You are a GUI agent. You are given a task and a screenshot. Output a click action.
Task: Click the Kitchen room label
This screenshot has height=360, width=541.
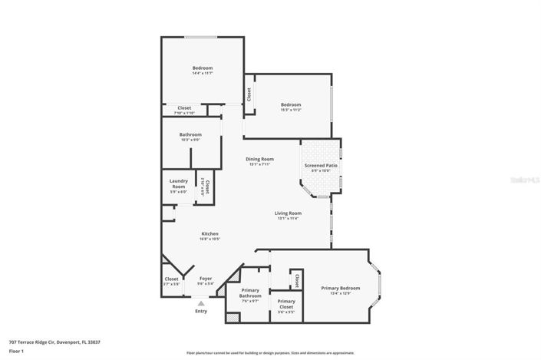tap(210, 234)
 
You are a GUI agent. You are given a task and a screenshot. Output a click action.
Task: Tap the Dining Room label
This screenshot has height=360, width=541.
tap(261, 160)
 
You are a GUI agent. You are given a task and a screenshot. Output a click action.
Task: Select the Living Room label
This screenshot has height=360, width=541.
tap(289, 213)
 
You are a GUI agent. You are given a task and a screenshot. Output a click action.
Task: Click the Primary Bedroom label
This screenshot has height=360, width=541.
tap(340, 289)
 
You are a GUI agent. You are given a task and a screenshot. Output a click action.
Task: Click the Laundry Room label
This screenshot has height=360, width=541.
tap(178, 184)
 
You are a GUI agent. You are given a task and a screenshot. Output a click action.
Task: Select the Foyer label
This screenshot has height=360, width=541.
tap(206, 279)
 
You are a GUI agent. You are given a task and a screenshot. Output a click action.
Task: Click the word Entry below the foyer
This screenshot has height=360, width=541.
tap(201, 311)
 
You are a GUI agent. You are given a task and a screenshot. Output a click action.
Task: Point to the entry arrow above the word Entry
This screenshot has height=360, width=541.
tap(201, 303)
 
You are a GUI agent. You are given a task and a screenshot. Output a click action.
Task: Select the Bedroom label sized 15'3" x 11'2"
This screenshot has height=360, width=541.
tap(290, 105)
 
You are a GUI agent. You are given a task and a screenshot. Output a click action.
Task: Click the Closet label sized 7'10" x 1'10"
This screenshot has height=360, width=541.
tap(184, 108)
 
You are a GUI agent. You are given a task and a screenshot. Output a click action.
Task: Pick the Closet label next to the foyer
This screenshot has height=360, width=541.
tap(171, 279)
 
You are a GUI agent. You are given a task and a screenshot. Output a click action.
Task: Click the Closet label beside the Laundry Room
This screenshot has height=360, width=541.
tap(206, 185)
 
